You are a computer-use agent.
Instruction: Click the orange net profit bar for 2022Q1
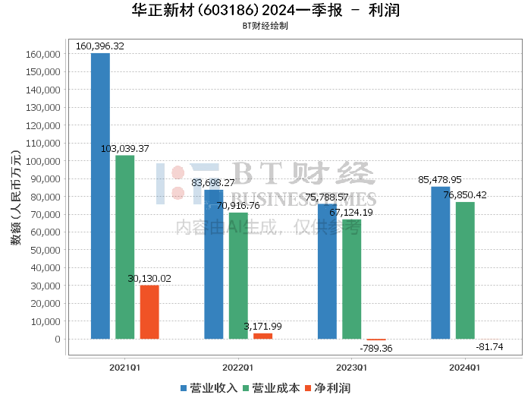262,336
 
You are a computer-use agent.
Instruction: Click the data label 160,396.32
100,46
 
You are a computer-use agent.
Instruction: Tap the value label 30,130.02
149,279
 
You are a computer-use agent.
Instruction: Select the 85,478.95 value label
440,180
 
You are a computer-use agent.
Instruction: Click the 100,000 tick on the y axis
42,161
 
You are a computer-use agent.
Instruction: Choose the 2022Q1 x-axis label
238,367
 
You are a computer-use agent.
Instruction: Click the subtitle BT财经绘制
265,25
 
